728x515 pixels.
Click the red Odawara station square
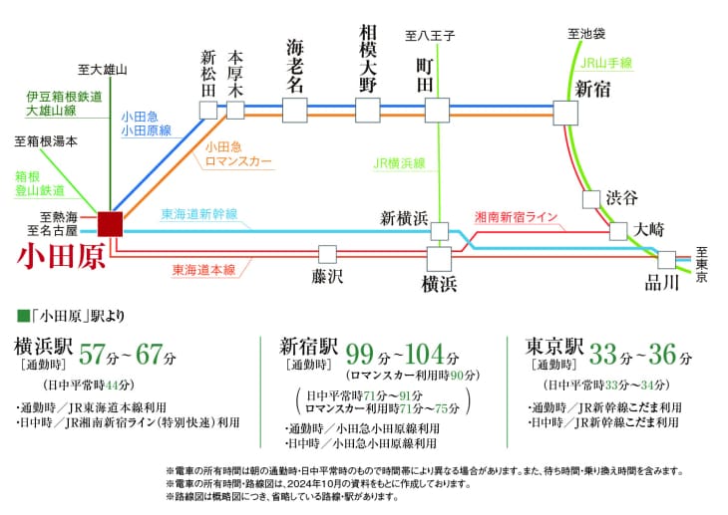coord(110,224)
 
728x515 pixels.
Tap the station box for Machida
coord(438,111)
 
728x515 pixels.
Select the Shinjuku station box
coord(565,113)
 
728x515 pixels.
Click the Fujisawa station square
coord(327,255)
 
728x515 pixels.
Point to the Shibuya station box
coord(591,199)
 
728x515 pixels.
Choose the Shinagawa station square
coord(667,260)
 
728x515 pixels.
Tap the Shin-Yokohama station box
coord(440,231)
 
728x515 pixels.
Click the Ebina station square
coord(295,111)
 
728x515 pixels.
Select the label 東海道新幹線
coord(199,214)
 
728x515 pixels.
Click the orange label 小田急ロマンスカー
coord(238,154)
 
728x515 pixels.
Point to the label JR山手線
coord(606,63)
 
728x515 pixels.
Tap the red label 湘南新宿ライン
coord(516,217)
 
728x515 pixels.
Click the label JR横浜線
coord(399,163)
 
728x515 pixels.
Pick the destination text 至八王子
coord(430,36)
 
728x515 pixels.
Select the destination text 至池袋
coord(586,34)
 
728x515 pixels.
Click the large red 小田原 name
coord(61,257)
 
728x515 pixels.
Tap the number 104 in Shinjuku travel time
coord(425,355)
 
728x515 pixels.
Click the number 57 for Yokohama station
coord(92,355)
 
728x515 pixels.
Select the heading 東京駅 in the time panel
coord(554,347)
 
